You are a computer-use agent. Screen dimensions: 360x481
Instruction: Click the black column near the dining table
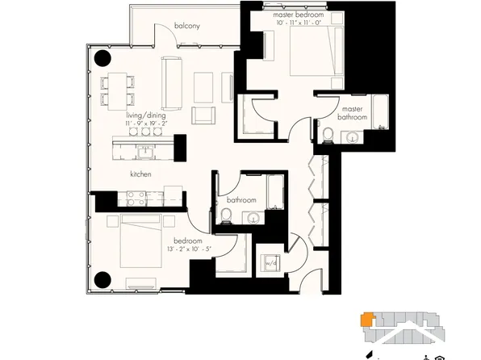point(102,59)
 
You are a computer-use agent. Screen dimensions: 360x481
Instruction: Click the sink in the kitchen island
point(145,151)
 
